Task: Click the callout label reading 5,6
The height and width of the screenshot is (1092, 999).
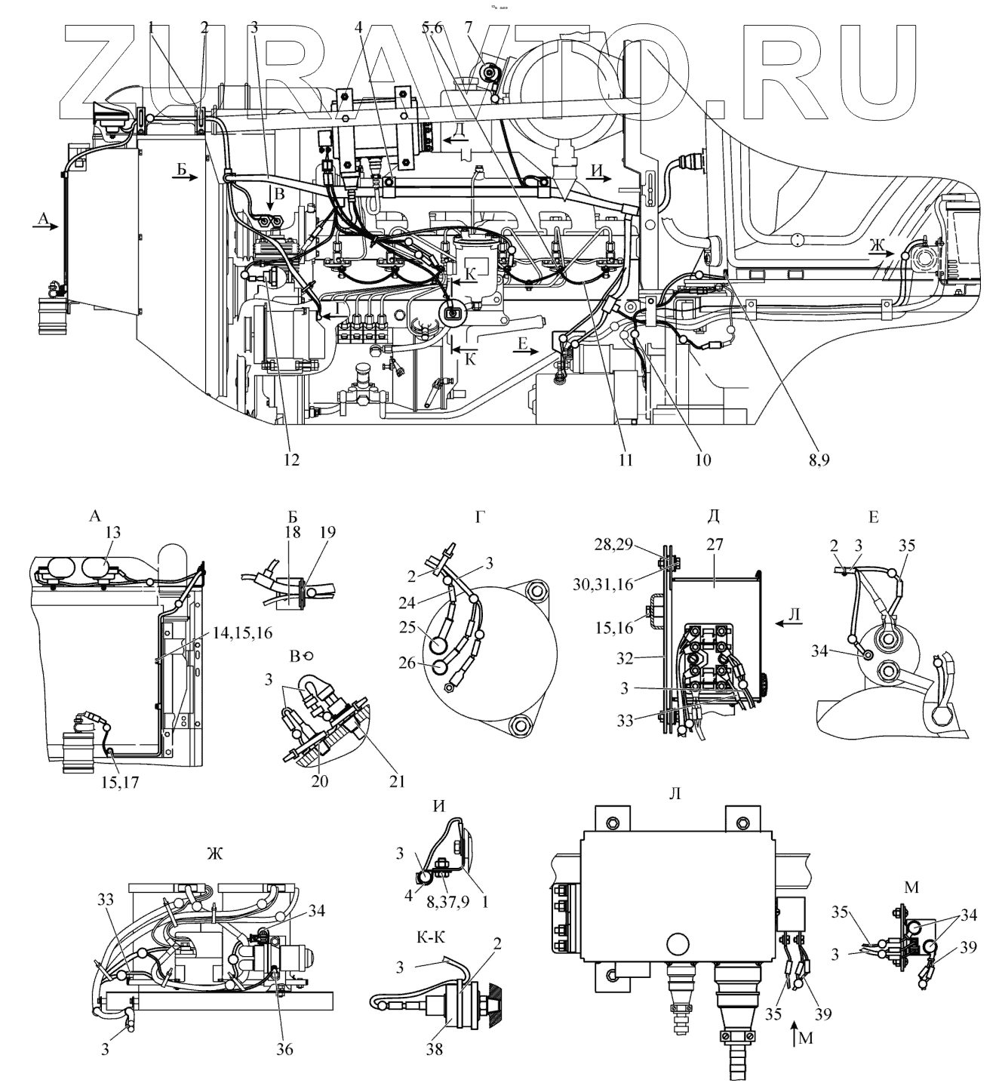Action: point(433,28)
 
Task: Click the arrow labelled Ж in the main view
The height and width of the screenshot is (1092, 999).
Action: point(878,256)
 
